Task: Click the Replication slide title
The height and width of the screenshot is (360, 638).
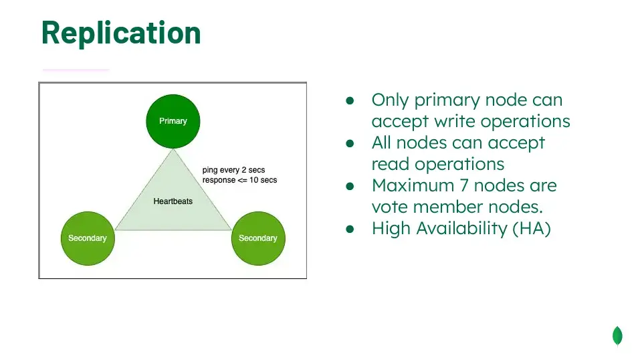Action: pos(121,33)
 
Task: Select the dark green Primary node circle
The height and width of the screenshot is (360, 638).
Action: pos(173,121)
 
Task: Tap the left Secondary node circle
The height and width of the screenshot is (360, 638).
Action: pos(88,238)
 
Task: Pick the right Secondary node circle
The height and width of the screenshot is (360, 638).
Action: pos(258,238)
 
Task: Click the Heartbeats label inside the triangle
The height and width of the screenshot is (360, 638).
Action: pos(173,201)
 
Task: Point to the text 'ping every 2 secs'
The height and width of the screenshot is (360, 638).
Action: pos(233,170)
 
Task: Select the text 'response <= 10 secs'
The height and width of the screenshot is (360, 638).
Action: pos(239,180)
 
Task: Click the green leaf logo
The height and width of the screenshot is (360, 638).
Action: pos(617,337)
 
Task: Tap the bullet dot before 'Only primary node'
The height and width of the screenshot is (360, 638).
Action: pos(350,100)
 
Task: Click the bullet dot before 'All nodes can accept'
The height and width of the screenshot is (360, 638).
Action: pos(350,143)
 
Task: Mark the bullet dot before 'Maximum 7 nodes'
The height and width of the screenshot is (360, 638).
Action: pos(350,186)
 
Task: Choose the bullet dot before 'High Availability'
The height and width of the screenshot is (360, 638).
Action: pos(350,229)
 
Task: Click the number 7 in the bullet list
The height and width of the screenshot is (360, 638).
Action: pos(464,186)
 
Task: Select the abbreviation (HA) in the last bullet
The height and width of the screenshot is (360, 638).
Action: pos(532,228)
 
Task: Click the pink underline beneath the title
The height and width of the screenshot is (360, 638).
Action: pos(76,70)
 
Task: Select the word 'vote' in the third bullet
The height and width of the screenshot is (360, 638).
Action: pos(389,207)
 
